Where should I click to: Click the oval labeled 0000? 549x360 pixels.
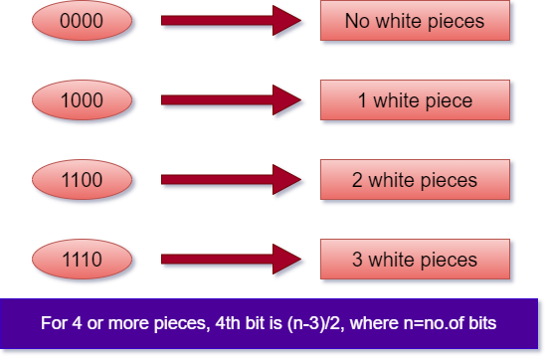(82, 21)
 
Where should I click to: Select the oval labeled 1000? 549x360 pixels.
(82, 100)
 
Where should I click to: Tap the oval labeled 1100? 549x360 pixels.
(82, 180)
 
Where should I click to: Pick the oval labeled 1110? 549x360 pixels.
(82, 260)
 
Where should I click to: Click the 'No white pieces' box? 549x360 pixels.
(415, 21)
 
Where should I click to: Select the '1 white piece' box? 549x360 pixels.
(415, 100)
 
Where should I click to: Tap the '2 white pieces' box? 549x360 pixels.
(415, 180)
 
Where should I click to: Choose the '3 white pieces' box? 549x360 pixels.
(415, 260)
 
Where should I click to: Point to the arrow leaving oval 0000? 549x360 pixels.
(232, 21)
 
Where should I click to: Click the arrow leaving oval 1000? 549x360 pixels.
(232, 100)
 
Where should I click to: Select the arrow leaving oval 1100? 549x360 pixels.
(232, 180)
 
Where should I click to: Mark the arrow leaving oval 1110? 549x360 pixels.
(232, 260)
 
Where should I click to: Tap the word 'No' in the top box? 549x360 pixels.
(356, 21)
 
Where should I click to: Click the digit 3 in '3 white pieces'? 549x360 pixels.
(357, 260)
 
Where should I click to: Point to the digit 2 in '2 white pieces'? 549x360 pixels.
(357, 180)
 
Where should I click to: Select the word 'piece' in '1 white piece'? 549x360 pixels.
(449, 100)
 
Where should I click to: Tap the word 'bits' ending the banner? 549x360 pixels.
(479, 323)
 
